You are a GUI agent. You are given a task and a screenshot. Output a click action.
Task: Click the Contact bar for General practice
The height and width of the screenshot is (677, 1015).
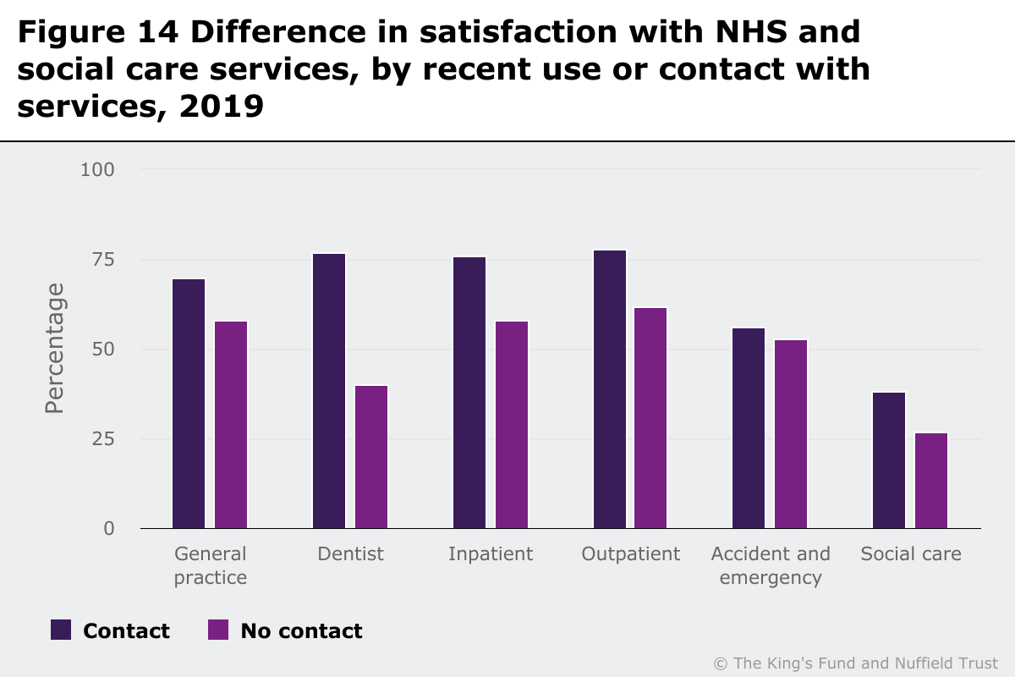189,404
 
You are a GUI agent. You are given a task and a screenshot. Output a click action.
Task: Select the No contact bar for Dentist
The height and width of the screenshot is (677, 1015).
371,457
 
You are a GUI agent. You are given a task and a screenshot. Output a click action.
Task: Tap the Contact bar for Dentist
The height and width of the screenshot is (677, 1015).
329,391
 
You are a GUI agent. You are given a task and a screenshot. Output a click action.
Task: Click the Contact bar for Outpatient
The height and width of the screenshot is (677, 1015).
610,389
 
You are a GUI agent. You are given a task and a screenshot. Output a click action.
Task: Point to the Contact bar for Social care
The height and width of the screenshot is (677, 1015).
889,460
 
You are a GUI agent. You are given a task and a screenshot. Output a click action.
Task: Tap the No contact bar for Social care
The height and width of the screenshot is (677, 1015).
931,481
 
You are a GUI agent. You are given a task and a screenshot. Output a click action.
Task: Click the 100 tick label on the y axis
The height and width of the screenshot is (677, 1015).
97,169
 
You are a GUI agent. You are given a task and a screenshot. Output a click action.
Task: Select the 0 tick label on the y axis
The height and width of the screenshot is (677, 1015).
108,529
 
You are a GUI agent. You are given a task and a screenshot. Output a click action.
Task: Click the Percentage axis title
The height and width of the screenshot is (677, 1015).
55,349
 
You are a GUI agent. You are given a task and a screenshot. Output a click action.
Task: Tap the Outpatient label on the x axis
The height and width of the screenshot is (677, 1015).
630,554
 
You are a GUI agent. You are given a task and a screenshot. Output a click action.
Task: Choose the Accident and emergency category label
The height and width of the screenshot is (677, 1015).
771,566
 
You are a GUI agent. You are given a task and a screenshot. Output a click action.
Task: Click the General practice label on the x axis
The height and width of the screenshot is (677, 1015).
210,566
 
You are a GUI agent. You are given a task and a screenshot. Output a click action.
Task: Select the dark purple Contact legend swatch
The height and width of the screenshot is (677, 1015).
61,630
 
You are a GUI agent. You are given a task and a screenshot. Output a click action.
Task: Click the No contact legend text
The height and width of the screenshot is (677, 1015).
301,631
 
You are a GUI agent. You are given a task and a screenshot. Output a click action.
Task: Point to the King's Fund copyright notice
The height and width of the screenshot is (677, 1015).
856,663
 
